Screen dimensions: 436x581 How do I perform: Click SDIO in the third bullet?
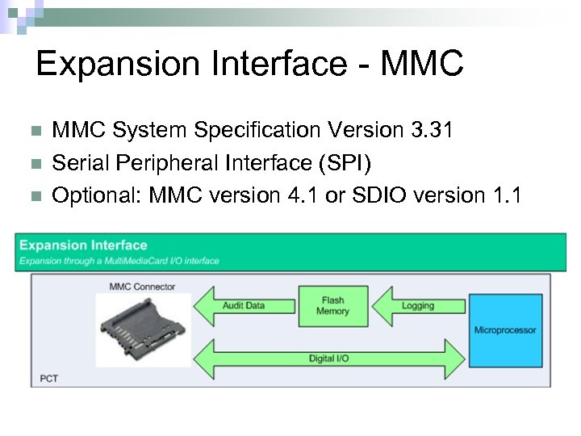[374, 196]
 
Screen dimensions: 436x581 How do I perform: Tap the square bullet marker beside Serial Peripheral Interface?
[34, 164]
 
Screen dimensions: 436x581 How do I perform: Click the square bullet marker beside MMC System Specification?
[34, 130]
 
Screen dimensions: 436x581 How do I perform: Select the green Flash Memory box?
[332, 306]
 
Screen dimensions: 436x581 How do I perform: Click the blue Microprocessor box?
[505, 330]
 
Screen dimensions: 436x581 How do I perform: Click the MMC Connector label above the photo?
[142, 287]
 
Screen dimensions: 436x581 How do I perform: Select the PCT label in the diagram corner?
[49, 378]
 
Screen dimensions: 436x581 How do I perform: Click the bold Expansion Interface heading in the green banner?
[83, 245]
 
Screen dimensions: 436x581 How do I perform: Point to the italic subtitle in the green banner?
[119, 261]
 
